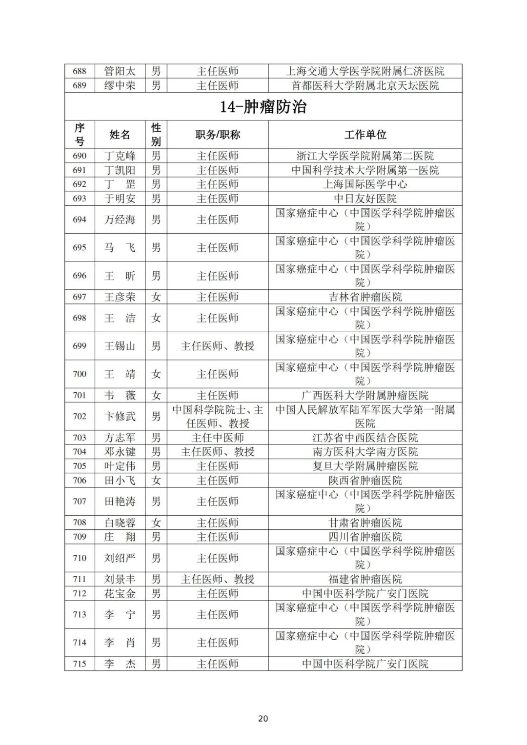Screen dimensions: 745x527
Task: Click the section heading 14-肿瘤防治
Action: coord(263,107)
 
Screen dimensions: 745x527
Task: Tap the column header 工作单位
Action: coord(365,135)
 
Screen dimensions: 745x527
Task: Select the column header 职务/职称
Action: coord(218,135)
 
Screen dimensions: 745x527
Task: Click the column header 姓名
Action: coord(120,135)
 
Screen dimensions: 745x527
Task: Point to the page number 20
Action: coord(263,718)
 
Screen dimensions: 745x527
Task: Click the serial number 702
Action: coord(80,416)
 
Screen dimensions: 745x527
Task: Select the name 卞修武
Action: coord(120,416)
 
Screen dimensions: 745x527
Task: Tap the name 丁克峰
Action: coord(120,156)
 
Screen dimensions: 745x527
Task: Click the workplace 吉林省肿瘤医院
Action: coord(365,297)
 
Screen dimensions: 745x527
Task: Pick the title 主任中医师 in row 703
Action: coord(218,438)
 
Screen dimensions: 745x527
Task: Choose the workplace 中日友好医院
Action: coord(365,199)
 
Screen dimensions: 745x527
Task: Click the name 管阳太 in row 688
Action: coord(120,71)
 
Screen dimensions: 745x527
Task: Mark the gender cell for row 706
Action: coord(156,480)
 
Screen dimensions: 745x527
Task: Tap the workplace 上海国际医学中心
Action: coord(365,184)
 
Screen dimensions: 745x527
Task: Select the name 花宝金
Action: coord(120,593)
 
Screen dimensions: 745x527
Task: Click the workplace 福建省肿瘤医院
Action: coord(365,579)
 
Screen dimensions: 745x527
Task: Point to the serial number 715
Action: coord(80,664)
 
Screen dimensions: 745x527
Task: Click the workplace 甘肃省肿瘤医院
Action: coord(365,523)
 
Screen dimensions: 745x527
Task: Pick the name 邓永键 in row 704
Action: coord(120,452)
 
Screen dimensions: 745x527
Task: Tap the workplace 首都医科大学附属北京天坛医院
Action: coord(365,85)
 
